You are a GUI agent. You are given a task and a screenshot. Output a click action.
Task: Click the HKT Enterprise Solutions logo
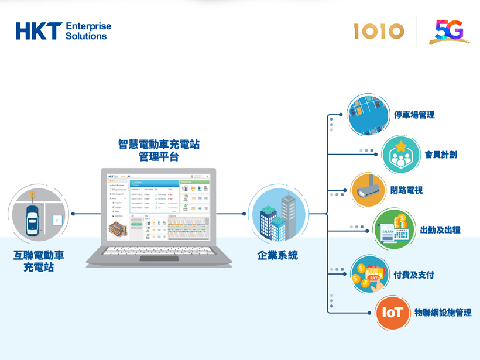(63, 31)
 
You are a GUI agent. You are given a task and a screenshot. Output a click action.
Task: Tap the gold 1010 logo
(379, 31)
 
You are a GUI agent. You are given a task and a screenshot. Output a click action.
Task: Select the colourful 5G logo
(449, 32)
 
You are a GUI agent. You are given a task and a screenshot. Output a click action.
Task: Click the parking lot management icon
(368, 114)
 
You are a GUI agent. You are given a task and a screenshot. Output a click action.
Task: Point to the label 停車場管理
(414, 115)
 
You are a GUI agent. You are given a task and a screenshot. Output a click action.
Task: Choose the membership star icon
(402, 155)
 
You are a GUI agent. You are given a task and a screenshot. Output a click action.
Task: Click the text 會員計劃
(441, 155)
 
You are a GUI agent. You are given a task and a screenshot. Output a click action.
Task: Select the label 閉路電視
(406, 190)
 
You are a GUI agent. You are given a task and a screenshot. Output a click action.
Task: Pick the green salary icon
(393, 229)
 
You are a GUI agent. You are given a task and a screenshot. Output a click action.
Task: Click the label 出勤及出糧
(440, 229)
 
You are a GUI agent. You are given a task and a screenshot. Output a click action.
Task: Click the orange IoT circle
(392, 313)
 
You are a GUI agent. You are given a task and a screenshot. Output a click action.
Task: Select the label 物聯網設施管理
(443, 313)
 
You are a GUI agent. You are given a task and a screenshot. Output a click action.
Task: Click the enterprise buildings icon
(277, 214)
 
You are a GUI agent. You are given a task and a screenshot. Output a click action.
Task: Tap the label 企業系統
(277, 255)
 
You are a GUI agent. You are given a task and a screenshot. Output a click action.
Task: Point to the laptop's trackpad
(159, 258)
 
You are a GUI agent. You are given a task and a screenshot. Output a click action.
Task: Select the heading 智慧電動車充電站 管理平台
(159, 150)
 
